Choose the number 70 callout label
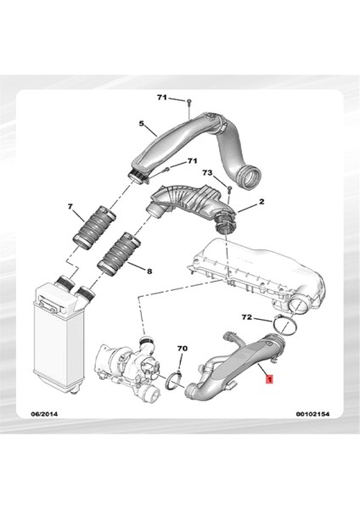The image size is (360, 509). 180,349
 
